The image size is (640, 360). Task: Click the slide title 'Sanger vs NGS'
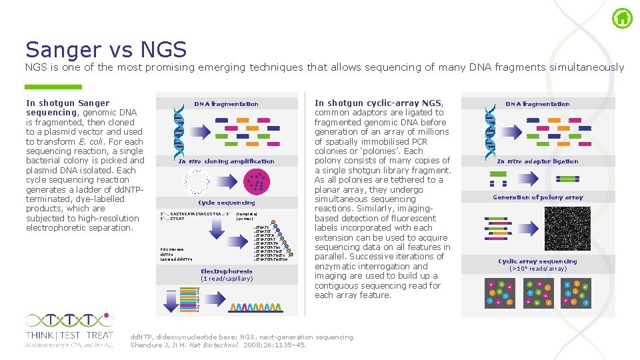106,49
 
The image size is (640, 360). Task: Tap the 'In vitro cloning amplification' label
226,161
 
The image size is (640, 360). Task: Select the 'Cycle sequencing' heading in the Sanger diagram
226,203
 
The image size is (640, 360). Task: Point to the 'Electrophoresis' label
227,271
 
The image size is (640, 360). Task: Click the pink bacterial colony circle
257,180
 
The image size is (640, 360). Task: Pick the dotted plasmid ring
197,181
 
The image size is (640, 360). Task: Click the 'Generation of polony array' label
537,197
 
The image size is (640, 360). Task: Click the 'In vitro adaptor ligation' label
537,161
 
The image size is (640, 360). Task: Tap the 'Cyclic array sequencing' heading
537,261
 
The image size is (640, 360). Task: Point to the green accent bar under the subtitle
53,87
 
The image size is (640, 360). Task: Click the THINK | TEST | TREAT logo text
69,335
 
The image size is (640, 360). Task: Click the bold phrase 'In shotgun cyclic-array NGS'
379,103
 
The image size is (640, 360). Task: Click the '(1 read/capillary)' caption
227,279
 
